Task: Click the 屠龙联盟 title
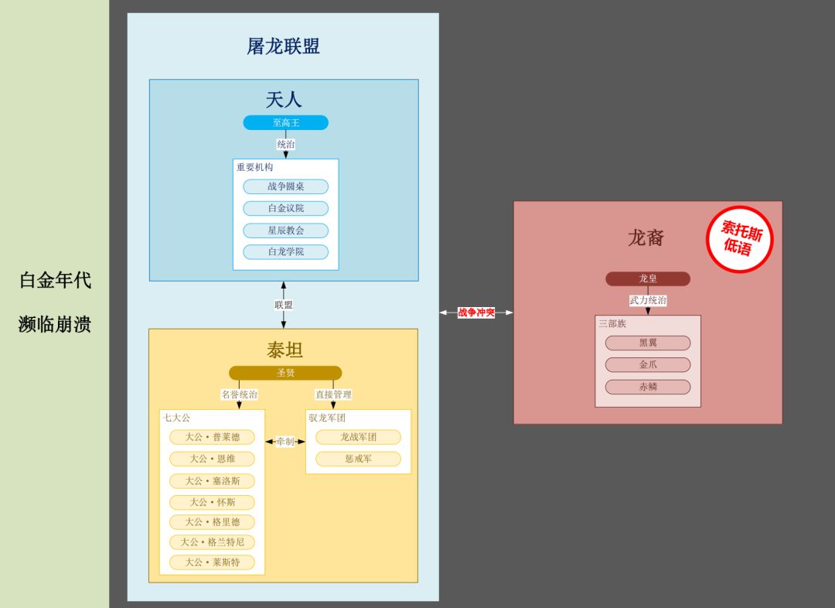click(283, 46)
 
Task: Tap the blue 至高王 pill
click(285, 123)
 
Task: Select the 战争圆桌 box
click(285, 186)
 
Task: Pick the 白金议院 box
click(285, 208)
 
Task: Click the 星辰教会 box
click(285, 231)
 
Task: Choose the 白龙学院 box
click(285, 252)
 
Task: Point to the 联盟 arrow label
click(284, 305)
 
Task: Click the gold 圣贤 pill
click(285, 373)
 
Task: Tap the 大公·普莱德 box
click(212, 437)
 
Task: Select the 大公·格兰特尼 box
click(212, 542)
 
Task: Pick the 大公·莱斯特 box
click(212, 562)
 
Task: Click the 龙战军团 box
click(358, 437)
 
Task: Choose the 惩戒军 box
click(358, 459)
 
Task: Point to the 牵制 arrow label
click(285, 442)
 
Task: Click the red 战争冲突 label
click(476, 313)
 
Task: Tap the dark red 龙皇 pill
click(647, 278)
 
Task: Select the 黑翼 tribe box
click(647, 343)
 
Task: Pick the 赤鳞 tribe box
click(647, 387)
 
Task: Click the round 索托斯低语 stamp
click(740, 239)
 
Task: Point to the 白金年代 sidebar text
click(55, 280)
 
